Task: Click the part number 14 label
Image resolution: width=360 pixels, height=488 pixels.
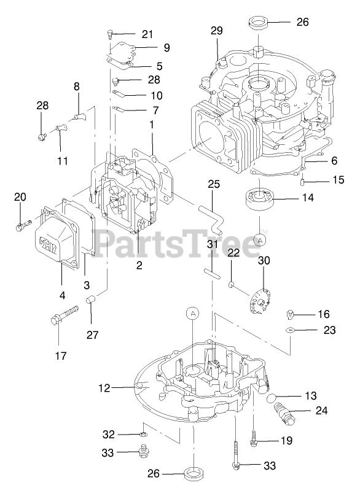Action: pos(308,198)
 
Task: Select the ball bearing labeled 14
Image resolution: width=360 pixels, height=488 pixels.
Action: pos(259,199)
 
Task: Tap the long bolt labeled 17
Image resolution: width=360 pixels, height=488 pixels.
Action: pos(64,315)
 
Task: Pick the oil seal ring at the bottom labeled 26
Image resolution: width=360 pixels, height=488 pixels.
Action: pos(194,474)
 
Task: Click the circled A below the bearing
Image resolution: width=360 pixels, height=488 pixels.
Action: pos(260,240)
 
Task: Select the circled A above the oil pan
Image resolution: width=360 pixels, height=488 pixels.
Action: pos(193,314)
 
